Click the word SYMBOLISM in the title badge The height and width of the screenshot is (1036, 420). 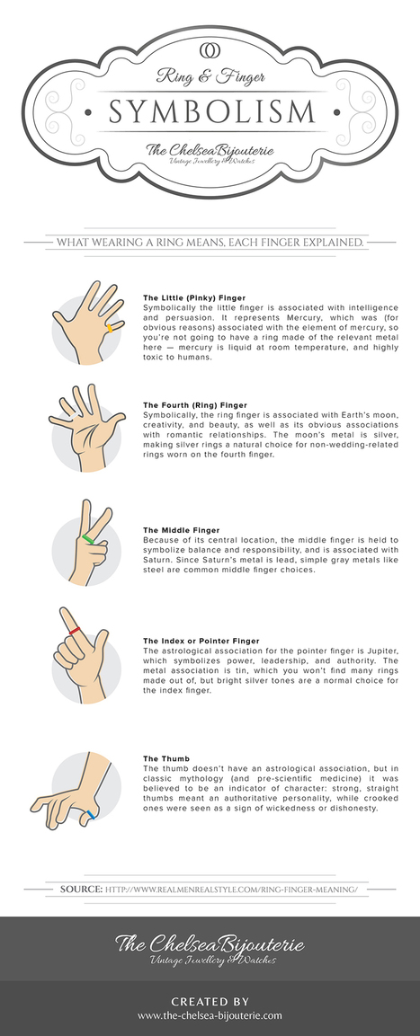211,111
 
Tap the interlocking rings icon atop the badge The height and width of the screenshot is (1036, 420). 210,49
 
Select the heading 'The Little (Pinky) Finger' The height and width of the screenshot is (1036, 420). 194,298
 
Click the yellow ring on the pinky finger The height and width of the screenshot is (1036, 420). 112,327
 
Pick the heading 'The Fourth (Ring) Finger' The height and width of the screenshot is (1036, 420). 195,404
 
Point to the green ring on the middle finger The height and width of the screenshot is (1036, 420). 88,540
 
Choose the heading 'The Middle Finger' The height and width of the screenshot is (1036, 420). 182,530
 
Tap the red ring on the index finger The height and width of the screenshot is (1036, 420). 75,631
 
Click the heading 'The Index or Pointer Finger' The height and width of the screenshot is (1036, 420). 201,641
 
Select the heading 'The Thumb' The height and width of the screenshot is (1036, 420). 166,758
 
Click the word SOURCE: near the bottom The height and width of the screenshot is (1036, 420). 81,890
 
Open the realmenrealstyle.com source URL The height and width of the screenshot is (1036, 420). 231,890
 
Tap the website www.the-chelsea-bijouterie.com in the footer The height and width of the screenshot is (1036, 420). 210,1014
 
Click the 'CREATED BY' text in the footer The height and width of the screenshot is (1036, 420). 210,1002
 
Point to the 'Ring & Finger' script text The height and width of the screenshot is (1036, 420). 210,75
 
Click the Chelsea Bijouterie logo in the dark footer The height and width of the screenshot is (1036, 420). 210,948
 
